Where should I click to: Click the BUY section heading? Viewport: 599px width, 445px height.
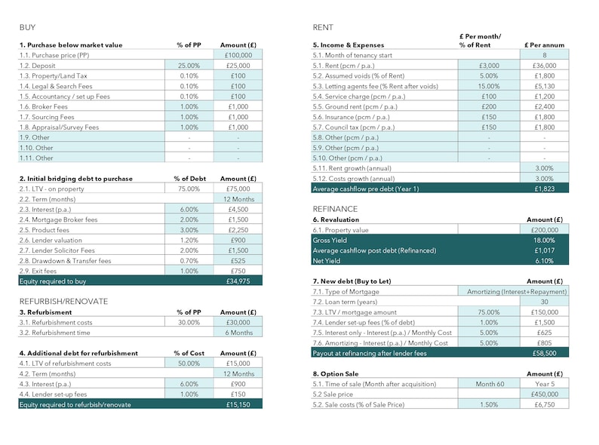27,28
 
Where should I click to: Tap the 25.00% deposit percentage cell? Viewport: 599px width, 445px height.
188,66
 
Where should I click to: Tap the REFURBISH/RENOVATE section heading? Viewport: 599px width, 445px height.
63,301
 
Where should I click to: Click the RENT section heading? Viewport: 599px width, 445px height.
323,28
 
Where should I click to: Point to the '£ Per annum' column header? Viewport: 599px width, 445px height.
544,45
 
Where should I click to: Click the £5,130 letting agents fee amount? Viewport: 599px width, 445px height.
544,87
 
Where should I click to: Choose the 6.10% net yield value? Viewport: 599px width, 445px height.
544,260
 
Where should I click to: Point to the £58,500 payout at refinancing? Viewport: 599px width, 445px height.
544,352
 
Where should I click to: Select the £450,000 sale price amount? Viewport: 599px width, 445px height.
544,394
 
